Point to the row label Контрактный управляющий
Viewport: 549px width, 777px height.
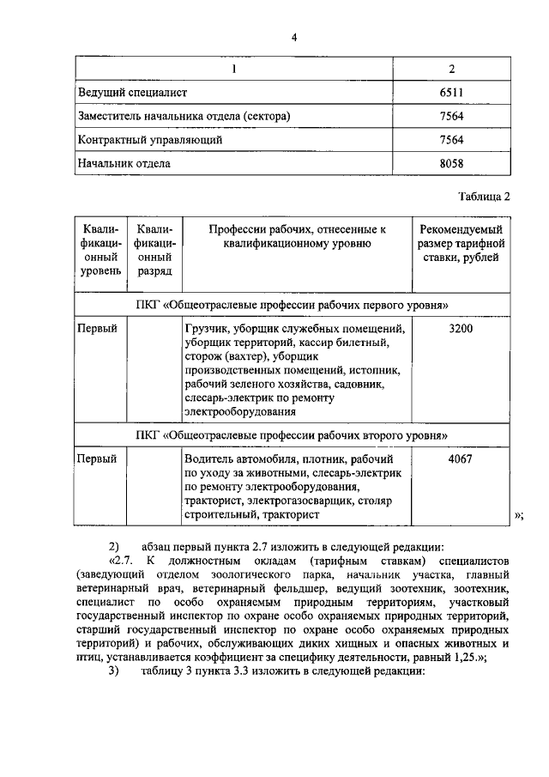tap(150, 139)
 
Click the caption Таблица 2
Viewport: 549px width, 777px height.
tap(484, 195)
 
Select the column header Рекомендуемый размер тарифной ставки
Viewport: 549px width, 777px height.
tap(462, 244)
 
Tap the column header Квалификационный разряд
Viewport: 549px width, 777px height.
tap(154, 250)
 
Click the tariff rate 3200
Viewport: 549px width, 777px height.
tap(461, 328)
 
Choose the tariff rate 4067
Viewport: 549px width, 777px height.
tap(461, 459)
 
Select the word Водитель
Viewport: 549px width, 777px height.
tap(211, 459)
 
